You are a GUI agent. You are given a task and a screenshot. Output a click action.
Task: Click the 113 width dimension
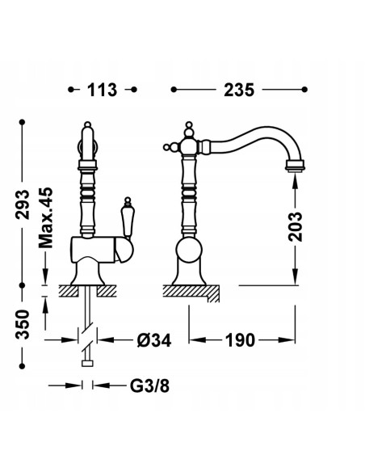(x=102, y=90)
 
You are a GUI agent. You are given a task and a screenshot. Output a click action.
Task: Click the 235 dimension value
(x=239, y=90)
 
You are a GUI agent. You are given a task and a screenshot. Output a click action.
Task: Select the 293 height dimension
(x=23, y=204)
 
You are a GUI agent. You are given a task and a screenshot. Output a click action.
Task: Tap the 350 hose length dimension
(x=23, y=324)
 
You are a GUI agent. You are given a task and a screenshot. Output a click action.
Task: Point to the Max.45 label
(x=46, y=217)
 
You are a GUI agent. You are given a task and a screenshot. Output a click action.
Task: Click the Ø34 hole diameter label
(x=154, y=340)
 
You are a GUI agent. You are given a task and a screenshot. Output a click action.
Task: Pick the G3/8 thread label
(x=149, y=386)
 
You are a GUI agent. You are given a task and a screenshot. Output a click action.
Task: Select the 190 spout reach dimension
(x=240, y=340)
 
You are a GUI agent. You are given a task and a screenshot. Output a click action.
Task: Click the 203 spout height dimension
(x=296, y=226)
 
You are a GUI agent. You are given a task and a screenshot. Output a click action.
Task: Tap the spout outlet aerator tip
(x=295, y=166)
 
